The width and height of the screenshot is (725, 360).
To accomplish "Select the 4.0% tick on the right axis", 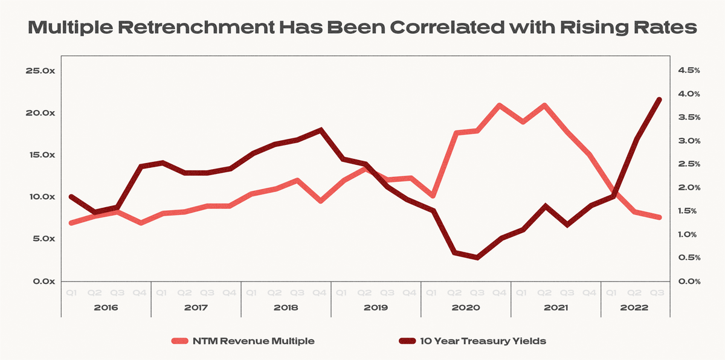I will pyautogui.click(x=689, y=94).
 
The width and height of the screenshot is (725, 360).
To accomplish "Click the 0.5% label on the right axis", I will pyautogui.click(x=689, y=258).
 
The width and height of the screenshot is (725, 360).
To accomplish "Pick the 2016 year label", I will pyautogui.click(x=106, y=307).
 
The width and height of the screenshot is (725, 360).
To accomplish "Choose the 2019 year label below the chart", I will pyautogui.click(x=376, y=307).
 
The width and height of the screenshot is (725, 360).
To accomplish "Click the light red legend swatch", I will pyautogui.click(x=181, y=341).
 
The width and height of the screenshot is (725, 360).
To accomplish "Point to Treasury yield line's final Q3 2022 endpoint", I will pyautogui.click(x=659, y=100).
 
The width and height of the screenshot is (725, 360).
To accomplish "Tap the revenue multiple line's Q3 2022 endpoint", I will pyautogui.click(x=659, y=217).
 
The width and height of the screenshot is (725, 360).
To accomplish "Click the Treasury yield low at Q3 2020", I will pyautogui.click(x=477, y=258).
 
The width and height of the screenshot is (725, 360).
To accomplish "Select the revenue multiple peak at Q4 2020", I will pyautogui.click(x=500, y=105).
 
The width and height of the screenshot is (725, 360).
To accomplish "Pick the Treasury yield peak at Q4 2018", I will pyautogui.click(x=320, y=130).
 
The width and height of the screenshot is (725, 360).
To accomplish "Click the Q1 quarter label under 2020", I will pyautogui.click(x=433, y=293).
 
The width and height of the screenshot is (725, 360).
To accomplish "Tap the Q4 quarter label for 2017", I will pyautogui.click(x=230, y=293).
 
